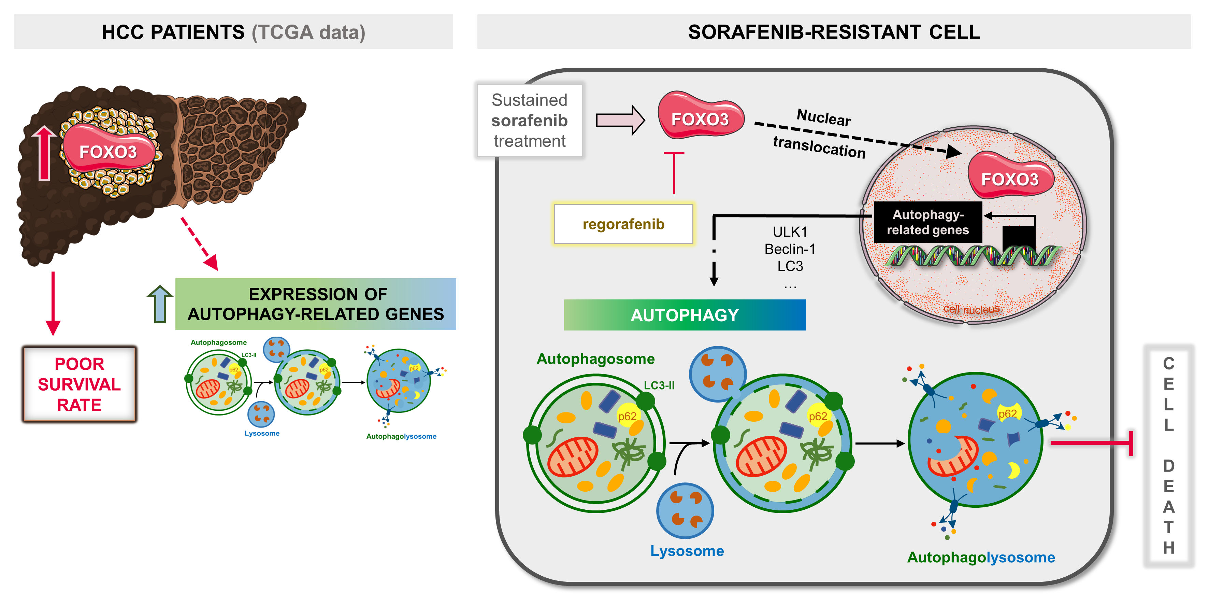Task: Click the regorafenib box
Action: tap(623, 224)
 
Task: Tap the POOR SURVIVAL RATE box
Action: tap(79, 384)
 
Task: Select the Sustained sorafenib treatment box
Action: tap(529, 120)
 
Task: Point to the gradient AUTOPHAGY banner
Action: tap(685, 315)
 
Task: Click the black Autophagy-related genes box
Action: tap(928, 222)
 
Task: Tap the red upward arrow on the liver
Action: tap(45, 153)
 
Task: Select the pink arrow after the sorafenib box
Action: tap(620, 120)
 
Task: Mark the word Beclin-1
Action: tap(790, 249)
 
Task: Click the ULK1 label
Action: tap(790, 232)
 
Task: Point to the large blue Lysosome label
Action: tap(687, 550)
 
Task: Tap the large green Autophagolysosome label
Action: tap(981, 557)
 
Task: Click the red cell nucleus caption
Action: tap(971, 309)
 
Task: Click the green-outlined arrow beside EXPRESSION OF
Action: tap(160, 305)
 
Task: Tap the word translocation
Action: tap(819, 147)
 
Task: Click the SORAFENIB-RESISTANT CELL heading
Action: tap(834, 32)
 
